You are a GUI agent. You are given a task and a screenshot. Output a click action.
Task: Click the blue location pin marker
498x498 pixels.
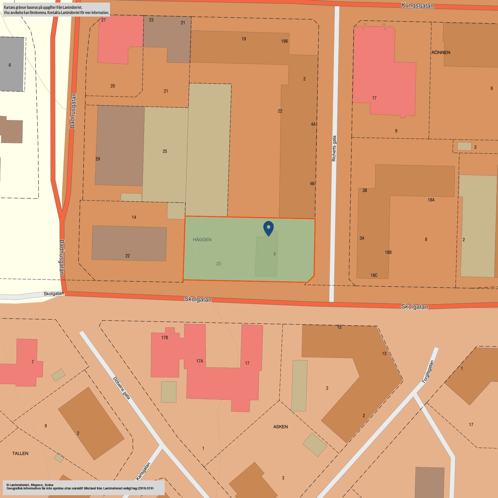pos(268,228)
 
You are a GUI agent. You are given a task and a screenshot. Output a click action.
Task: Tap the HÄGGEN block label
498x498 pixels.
pos(202,240)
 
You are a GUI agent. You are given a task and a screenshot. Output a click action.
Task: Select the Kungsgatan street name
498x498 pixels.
pos(417,6)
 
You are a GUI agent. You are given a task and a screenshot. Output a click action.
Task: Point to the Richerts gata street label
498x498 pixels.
pos(334,148)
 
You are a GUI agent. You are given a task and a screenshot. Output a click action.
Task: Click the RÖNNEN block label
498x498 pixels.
pos(441,53)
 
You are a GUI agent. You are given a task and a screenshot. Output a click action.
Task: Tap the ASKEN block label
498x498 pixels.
pos(280,427)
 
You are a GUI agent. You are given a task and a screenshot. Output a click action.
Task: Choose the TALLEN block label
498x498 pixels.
pos(20,453)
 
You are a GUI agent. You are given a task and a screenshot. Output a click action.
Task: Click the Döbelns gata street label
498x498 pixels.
pos(122,388)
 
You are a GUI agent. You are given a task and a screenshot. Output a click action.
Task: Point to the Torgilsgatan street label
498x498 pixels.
pos(428,372)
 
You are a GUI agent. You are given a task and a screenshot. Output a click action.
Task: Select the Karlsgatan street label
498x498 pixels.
pos(143,471)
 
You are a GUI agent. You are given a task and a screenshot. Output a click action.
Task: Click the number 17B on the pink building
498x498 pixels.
pos(164,338)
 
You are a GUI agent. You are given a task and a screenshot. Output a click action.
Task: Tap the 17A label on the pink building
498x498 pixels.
pos(200,361)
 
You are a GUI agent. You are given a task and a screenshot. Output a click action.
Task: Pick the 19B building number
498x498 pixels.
pos(284,41)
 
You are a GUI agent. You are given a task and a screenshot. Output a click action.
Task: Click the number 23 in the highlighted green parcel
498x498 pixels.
pos(219,264)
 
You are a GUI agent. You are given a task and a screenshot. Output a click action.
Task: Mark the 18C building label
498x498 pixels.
pos(374,275)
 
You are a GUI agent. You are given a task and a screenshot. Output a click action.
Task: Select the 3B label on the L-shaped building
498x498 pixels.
pos(365,190)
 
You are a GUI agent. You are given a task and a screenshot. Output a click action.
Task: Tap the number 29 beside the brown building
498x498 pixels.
pos(98,159)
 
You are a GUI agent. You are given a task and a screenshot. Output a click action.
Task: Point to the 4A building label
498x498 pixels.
pos(313,124)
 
